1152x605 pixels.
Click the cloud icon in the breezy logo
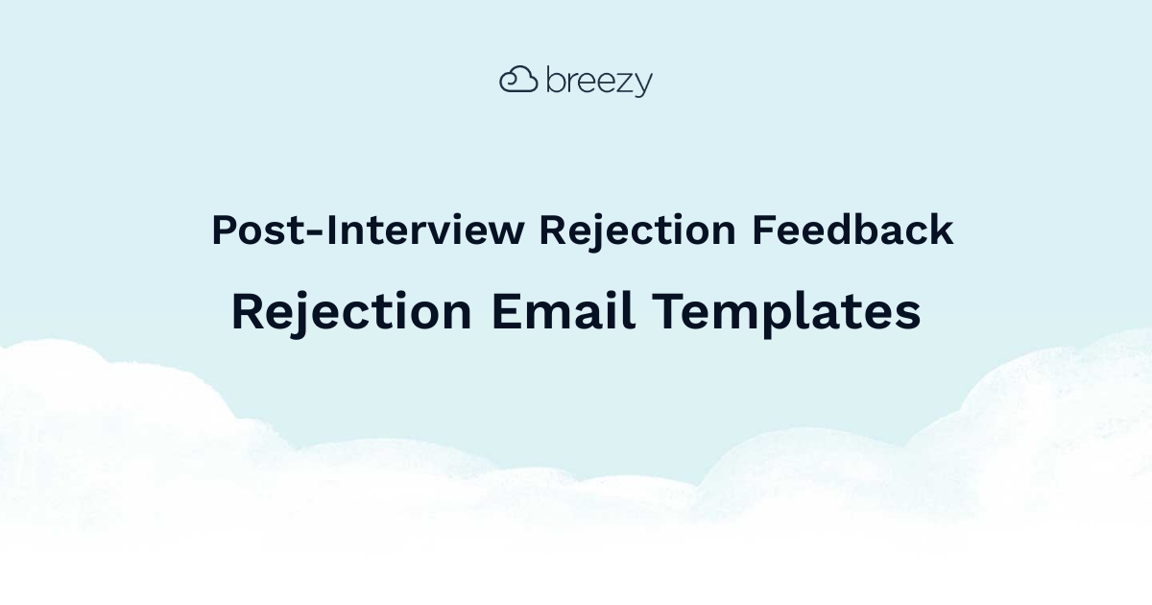[x=517, y=80]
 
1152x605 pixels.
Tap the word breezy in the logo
[x=599, y=82]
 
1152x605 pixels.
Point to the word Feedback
[x=852, y=231]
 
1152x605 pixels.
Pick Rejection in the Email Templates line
[x=351, y=312]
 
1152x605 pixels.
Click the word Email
[x=564, y=312]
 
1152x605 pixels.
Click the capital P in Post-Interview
[x=224, y=231]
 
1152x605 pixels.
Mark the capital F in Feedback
[x=762, y=231]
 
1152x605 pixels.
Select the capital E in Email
[x=506, y=312]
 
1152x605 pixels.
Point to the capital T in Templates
[x=666, y=312]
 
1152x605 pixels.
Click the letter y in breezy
[x=642, y=85]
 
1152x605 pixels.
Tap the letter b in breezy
[x=555, y=80]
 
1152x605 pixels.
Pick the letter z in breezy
[x=624, y=83]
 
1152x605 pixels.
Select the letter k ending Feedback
[x=943, y=231]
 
